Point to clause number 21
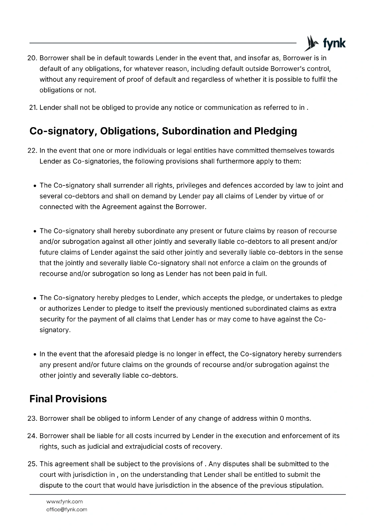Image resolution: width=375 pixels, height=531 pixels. [x=33, y=108]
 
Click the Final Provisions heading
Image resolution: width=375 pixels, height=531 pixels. [x=68, y=399]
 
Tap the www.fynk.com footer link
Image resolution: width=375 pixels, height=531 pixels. [x=64, y=501]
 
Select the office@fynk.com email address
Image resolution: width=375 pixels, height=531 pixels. [x=67, y=509]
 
